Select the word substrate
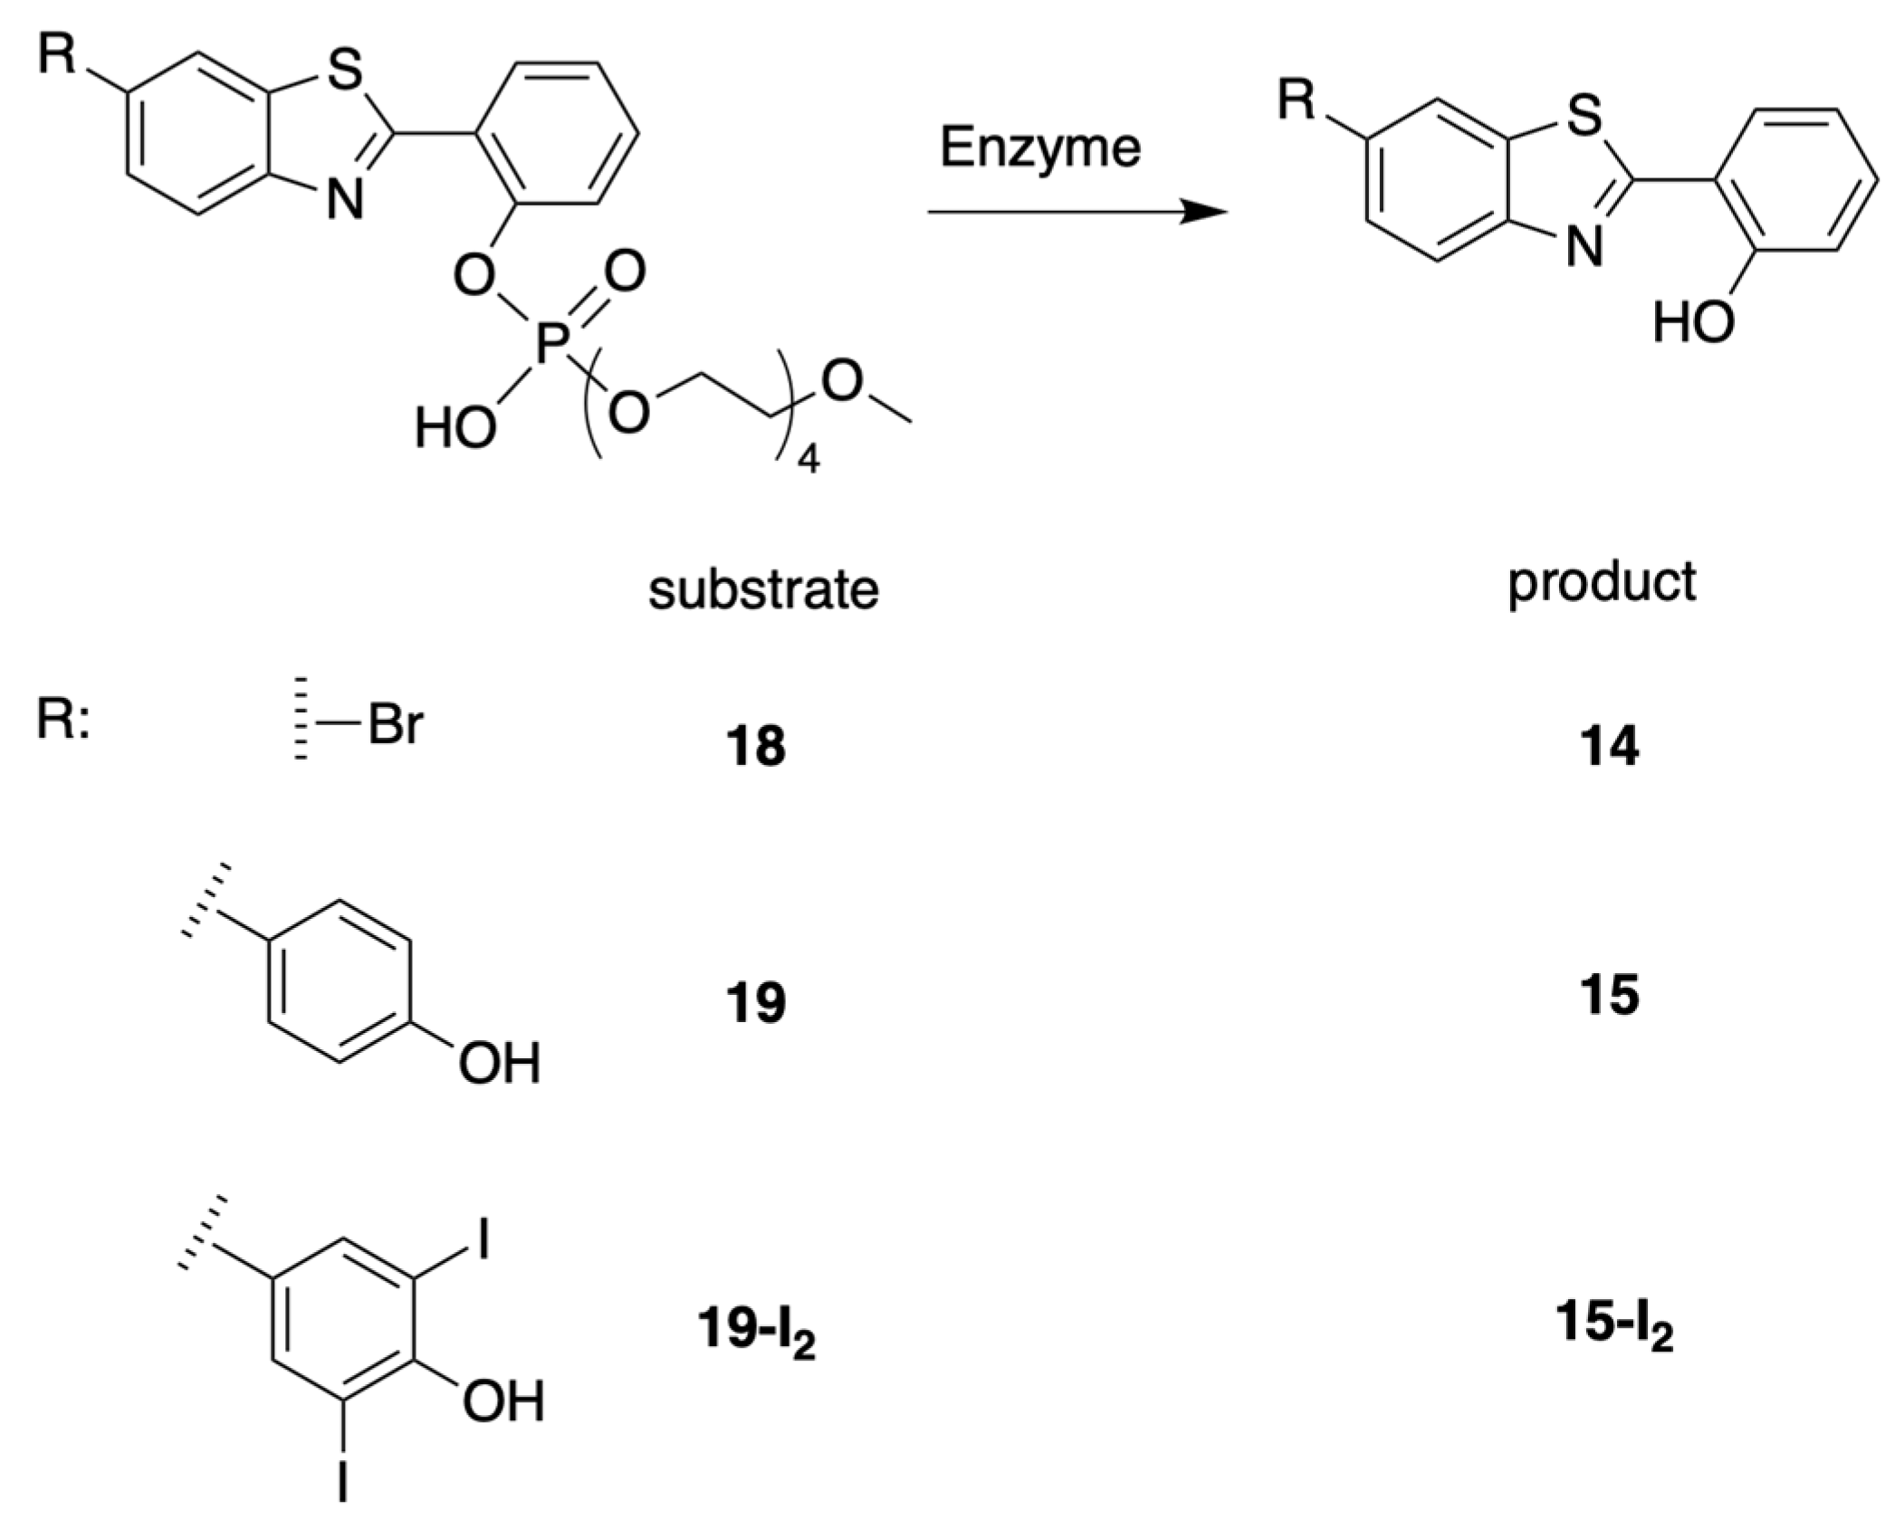[x=762, y=590]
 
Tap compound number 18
[x=755, y=747]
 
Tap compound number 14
[x=1609, y=747]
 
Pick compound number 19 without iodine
[x=755, y=1002]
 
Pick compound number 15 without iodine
[x=1609, y=994]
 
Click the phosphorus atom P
[x=551, y=345]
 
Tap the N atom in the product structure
[x=1583, y=246]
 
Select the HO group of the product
[x=1692, y=322]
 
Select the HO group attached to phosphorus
[x=455, y=428]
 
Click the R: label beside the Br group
[x=62, y=722]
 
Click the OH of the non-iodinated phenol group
[x=499, y=1063]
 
